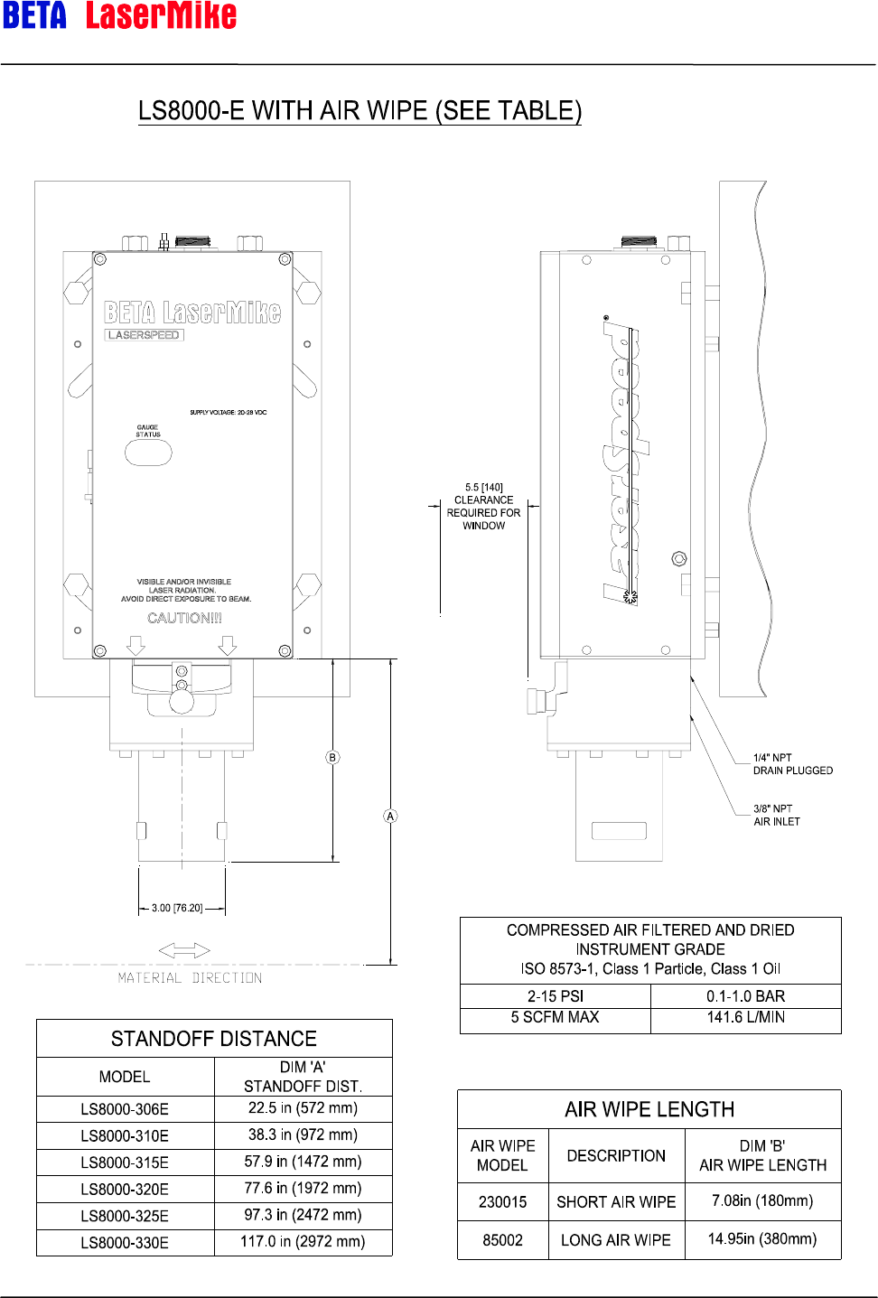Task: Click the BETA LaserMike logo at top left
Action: coord(119,15)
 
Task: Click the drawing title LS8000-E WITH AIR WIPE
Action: coord(360,110)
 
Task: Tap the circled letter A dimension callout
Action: coord(390,817)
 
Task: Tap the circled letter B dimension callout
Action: coord(332,758)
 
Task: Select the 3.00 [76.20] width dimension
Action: coord(177,908)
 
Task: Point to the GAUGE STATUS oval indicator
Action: coord(148,452)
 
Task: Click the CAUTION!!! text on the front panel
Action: coord(184,618)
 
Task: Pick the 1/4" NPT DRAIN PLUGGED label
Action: coord(792,764)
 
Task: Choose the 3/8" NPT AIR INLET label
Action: coord(776,815)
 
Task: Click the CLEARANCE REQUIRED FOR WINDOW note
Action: coord(483,507)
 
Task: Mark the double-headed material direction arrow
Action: coord(184,950)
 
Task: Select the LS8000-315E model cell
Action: coord(125,1163)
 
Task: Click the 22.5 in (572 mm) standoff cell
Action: coord(303,1108)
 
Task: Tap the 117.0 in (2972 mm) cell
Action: coord(303,1242)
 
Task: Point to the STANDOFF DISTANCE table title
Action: coord(214,1039)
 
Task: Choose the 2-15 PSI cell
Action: coord(556,996)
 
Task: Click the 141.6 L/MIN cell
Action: coord(745,1017)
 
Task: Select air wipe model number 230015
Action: coord(502,1202)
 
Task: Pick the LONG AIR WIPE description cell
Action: coord(616,1240)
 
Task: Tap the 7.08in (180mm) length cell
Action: coord(762,1201)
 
